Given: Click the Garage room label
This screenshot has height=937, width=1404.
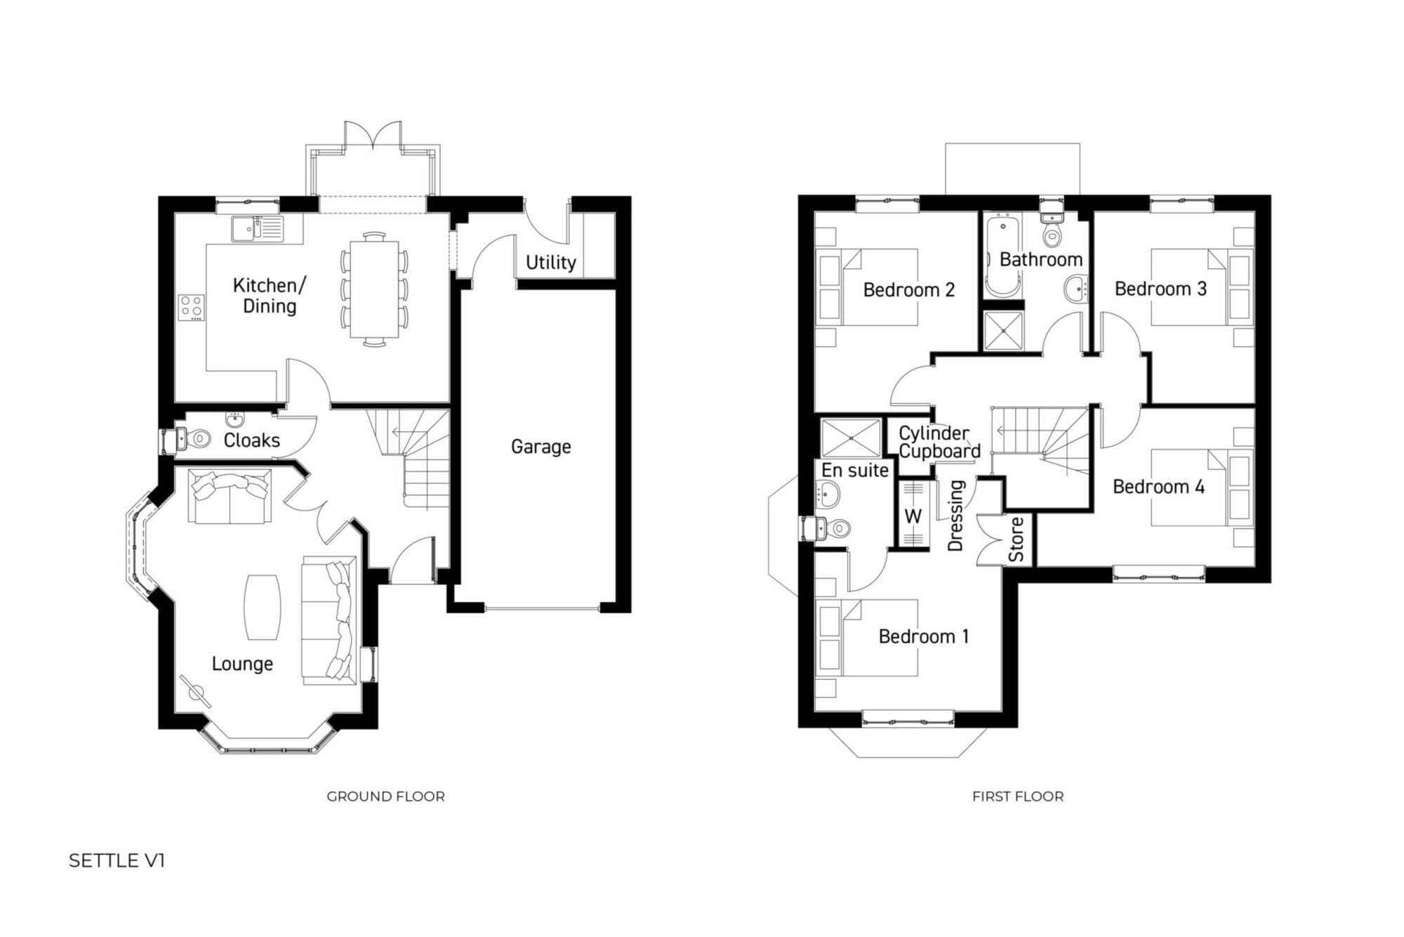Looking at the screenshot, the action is point(541,447).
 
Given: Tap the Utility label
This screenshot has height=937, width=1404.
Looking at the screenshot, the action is point(551,262).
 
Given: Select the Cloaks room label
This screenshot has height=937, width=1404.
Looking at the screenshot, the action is point(251,440).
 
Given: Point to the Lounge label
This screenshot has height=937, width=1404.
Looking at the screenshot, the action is point(242,664).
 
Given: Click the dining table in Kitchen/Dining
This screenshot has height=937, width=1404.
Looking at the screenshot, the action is point(374,289).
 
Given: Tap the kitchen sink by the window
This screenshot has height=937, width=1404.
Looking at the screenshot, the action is point(257,228).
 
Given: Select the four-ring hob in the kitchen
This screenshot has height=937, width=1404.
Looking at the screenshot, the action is point(192,307).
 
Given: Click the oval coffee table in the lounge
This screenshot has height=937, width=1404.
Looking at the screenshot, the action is point(263,607).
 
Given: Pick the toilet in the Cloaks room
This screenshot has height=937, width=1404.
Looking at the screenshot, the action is point(192,439).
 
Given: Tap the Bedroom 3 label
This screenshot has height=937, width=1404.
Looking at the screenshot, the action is point(1160,289).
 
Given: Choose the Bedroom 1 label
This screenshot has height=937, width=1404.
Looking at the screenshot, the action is point(924,636).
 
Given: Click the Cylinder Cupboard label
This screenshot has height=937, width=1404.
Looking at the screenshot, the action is point(939,442).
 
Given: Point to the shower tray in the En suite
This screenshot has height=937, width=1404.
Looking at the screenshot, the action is point(851,438).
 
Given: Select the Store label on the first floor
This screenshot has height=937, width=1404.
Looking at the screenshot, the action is point(1016,539).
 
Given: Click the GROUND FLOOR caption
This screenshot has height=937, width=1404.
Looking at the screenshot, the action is point(385,797).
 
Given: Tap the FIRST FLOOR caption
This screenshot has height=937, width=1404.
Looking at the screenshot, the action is point(1018,797).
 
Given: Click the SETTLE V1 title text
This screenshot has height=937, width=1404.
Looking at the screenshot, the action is point(117,860).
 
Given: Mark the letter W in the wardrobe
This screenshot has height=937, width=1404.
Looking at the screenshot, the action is point(913,516).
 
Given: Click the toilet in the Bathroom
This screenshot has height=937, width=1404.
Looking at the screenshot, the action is point(1052,229).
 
